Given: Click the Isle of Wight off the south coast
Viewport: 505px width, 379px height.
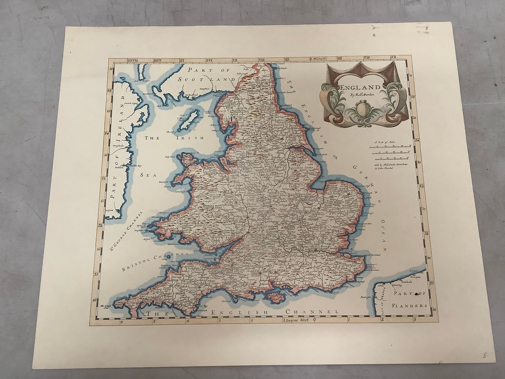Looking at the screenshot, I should (275, 297).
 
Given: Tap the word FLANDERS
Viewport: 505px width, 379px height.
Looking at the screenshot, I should (410, 305).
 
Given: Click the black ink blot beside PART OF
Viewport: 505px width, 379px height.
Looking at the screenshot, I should (415, 293).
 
